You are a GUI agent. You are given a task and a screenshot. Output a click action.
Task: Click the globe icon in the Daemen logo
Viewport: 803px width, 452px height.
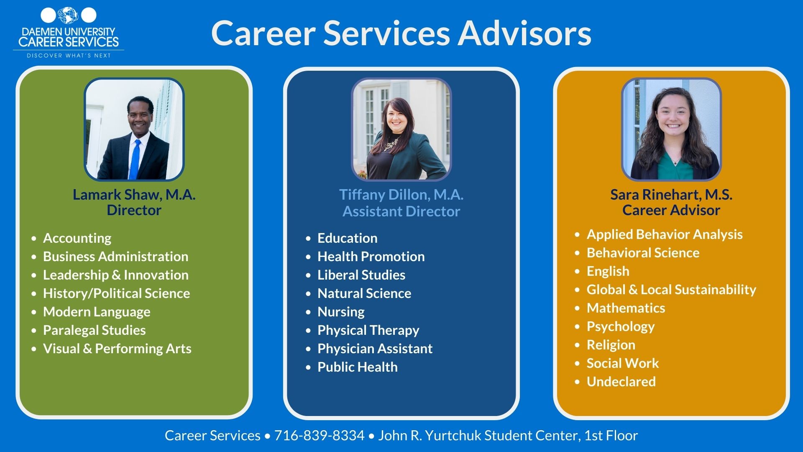[x=68, y=15]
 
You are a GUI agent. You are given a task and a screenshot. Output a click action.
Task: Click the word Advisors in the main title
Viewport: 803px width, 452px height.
[x=524, y=33]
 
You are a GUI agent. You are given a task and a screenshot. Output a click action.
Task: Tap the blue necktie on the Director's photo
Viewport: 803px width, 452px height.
[x=135, y=159]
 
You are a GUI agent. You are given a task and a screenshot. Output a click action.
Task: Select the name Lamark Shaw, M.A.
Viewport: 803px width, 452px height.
[x=134, y=195]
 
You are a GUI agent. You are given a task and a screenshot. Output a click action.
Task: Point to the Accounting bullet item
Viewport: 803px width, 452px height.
[x=77, y=238]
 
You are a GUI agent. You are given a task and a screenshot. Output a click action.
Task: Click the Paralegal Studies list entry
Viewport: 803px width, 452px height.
[x=94, y=330]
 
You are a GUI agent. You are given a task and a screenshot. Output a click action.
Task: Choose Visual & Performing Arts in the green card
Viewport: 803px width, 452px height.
[x=117, y=349]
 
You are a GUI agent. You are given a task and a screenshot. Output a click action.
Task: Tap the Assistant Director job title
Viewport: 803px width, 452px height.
[x=401, y=211]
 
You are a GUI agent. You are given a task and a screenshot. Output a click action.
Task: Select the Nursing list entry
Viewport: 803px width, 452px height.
[x=341, y=312]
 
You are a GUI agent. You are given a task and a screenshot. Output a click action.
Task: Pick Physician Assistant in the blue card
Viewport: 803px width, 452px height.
[x=375, y=349]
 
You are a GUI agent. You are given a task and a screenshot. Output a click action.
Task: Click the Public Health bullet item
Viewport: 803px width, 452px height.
[x=357, y=367]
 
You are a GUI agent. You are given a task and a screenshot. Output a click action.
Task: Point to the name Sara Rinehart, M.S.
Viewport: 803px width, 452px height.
[x=671, y=195]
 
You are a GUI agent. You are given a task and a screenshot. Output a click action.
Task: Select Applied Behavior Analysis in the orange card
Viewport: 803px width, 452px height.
[x=664, y=234]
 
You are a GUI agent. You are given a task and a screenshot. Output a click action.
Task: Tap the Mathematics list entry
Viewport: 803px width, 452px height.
[x=626, y=308]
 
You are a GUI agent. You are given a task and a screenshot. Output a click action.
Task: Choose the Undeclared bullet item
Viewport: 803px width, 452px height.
[x=621, y=382]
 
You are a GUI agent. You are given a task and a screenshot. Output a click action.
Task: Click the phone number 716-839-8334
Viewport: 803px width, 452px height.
[x=319, y=435]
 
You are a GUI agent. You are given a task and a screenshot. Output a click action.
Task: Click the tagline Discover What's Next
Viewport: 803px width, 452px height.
[x=69, y=55]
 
